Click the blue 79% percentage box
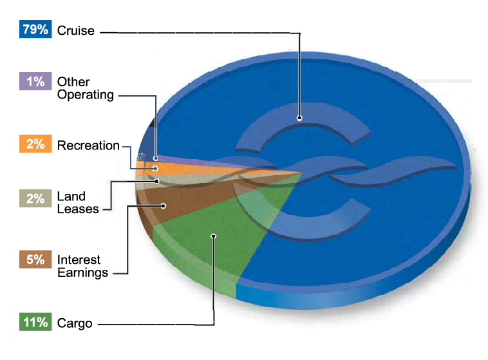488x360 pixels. point(35,30)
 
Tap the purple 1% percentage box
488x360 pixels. point(35,81)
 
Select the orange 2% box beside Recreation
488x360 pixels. point(35,144)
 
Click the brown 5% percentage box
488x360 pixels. point(35,260)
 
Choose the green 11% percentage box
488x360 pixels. point(35,322)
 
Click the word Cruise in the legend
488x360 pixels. point(75,30)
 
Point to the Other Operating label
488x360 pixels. point(85,88)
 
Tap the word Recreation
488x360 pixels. point(88,146)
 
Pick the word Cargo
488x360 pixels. point(75,323)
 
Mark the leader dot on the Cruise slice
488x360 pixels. point(299,117)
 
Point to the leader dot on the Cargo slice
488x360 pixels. point(213,236)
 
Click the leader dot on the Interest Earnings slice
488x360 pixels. point(163,206)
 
